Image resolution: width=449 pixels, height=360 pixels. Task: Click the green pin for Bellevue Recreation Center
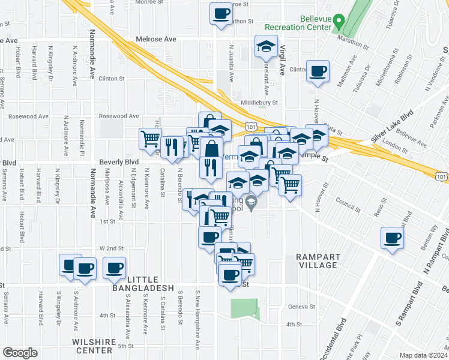pos(339,22)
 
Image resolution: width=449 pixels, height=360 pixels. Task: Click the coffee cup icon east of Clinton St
pos(318,72)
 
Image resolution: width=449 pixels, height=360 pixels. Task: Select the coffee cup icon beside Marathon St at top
pos(220,13)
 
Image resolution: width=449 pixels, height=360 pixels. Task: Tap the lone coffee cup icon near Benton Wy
pos(392,238)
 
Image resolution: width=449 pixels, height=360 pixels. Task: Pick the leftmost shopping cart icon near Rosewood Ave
pos(150,139)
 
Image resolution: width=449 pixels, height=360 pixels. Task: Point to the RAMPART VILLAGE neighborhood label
pos(319,261)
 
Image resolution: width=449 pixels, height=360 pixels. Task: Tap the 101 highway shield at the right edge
pos(441,176)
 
